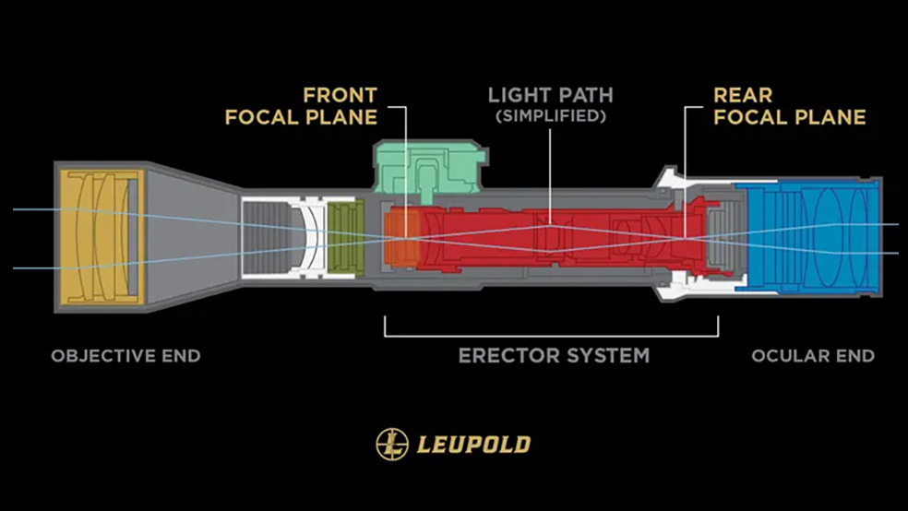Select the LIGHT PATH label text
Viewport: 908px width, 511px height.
[550, 95]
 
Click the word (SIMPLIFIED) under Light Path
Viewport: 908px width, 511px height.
[550, 116]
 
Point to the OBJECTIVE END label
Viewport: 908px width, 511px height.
[125, 356]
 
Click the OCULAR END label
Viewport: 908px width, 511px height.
[813, 356]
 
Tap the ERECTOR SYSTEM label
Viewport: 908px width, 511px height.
[554, 355]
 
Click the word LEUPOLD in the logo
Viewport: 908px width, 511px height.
[473, 445]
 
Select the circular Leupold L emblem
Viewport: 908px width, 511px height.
[392, 445]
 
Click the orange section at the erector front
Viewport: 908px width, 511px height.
[400, 238]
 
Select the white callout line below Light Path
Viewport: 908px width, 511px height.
[551, 175]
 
